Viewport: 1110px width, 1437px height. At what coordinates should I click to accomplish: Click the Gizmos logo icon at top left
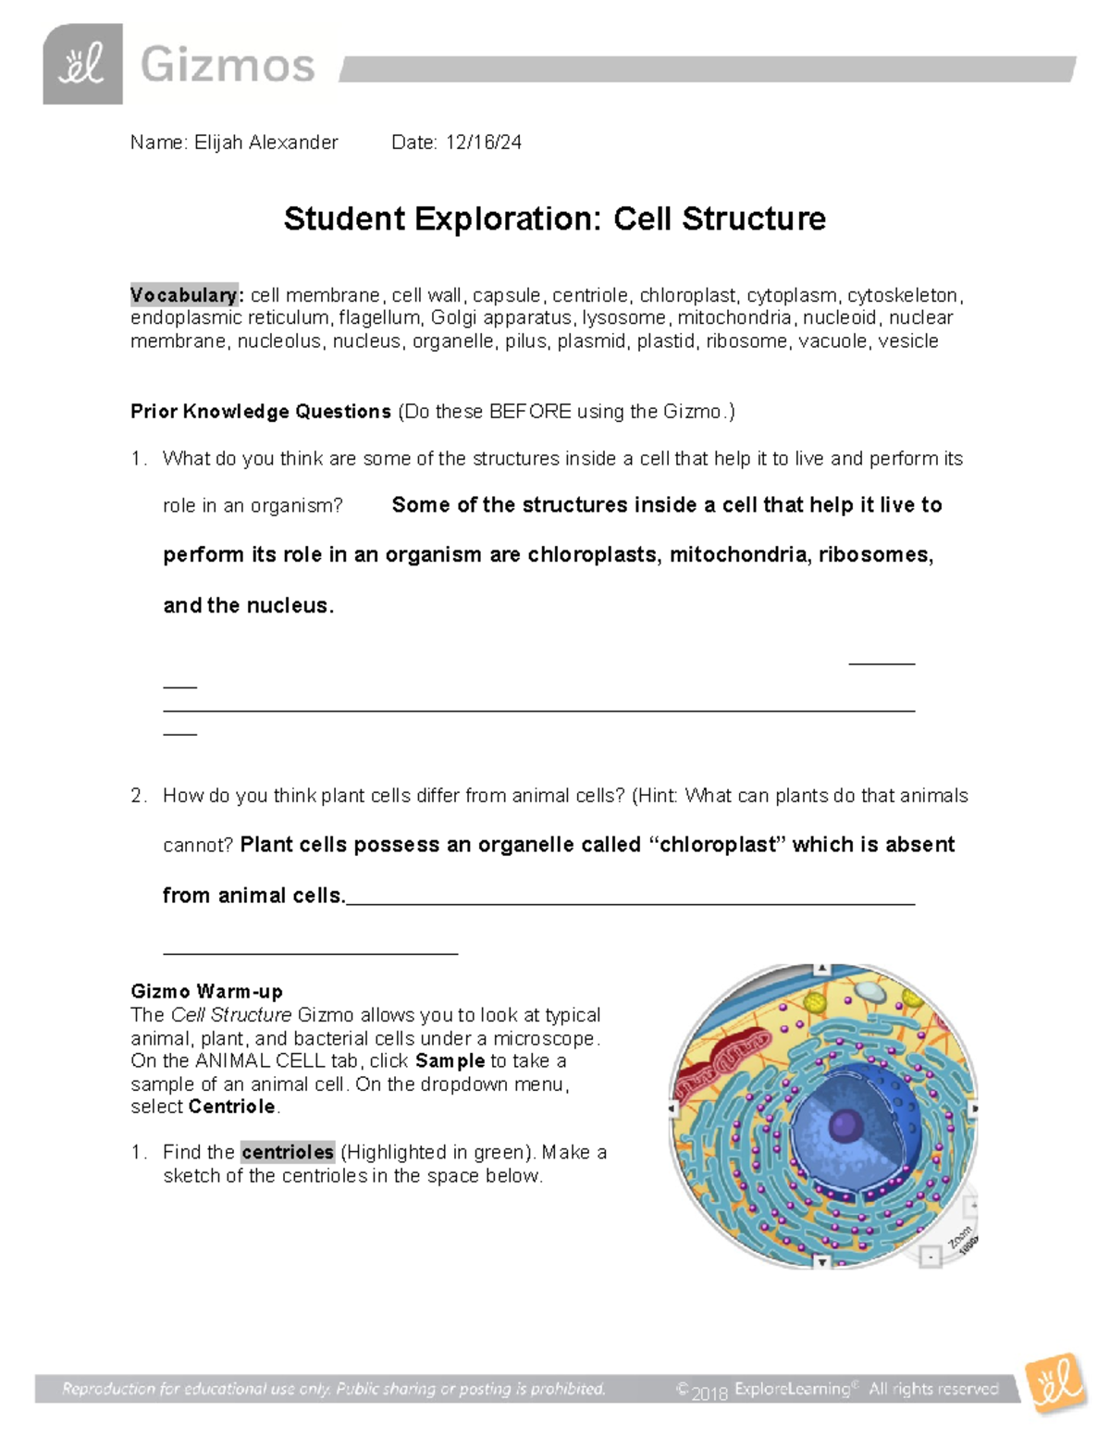pyautogui.click(x=82, y=65)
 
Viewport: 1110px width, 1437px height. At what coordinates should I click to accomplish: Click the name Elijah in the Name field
pyautogui.click(x=218, y=142)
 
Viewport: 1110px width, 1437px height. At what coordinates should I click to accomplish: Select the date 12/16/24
pyautogui.click(x=483, y=142)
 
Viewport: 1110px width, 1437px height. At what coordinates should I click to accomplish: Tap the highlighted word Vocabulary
pyautogui.click(x=184, y=295)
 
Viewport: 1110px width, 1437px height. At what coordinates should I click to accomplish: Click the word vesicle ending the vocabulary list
pyautogui.click(x=908, y=341)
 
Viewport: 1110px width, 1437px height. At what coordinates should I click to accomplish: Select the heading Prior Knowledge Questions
pyautogui.click(x=261, y=412)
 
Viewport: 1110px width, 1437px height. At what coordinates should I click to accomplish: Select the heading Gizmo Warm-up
pyautogui.click(x=206, y=992)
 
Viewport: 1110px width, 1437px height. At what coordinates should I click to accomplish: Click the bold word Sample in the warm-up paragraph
pyautogui.click(x=450, y=1061)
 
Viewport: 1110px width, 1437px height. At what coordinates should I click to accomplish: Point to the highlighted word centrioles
pyautogui.click(x=287, y=1153)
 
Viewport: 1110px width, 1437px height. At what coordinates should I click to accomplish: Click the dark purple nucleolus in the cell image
pyautogui.click(x=845, y=1126)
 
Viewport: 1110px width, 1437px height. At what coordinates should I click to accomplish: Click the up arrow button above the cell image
pyautogui.click(x=821, y=970)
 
